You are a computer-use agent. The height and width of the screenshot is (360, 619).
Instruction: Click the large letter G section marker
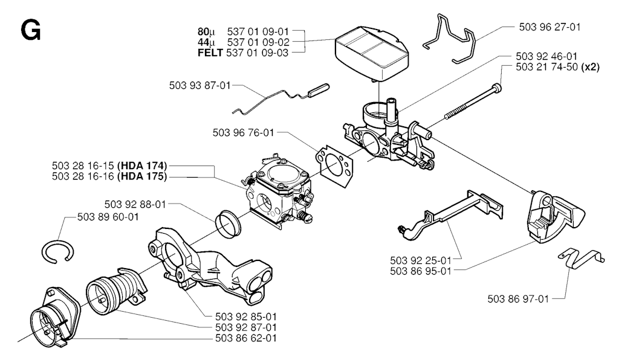pos(30,30)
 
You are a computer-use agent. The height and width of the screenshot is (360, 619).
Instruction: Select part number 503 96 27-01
pos(549,27)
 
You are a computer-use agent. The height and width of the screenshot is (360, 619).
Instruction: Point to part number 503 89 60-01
pos(108,217)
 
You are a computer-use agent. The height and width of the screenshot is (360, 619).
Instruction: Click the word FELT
pos(210,53)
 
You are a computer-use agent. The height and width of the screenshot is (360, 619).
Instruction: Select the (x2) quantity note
pos(589,68)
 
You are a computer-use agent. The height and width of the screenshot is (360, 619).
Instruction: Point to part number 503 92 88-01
pos(135,204)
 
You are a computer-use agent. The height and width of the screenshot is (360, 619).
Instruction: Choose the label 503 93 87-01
pos(199,86)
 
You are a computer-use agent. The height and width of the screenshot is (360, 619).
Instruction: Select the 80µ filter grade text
pos(206,31)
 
